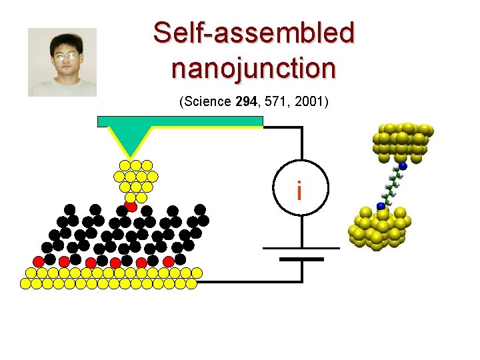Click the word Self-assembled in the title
(253, 33)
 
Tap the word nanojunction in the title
(253, 67)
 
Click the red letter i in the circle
(299, 191)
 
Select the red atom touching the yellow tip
(131, 206)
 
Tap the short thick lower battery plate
(301, 259)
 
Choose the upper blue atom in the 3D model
(403, 165)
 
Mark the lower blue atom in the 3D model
(381, 206)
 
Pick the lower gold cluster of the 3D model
(377, 229)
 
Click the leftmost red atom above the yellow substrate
(39, 260)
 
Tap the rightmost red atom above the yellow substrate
(169, 261)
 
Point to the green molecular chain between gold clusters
(392, 186)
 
